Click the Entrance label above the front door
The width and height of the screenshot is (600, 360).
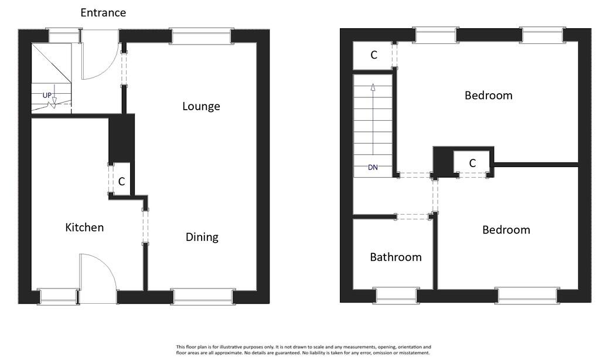tap(103, 12)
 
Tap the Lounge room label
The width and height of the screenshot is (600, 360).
tap(201, 106)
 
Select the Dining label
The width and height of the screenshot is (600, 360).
tap(202, 237)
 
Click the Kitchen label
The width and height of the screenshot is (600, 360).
tap(84, 227)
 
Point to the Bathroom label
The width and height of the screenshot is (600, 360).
tap(396, 257)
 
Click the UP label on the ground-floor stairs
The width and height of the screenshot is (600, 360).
tap(47, 95)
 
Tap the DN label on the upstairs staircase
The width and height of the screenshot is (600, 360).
tap(373, 167)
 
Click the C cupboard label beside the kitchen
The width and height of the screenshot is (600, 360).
tap(121, 182)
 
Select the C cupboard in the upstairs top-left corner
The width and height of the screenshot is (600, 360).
tap(373, 55)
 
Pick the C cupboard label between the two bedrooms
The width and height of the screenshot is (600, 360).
tap(472, 164)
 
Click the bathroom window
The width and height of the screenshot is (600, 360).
tap(397, 295)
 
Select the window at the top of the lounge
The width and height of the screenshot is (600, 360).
tap(201, 36)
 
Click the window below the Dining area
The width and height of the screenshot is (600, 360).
tap(203, 297)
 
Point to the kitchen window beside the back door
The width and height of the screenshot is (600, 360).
tap(58, 297)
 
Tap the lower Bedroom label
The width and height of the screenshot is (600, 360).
tap(506, 230)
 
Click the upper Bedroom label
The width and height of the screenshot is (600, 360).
tap(488, 95)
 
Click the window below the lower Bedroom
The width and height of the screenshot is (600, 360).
tap(527, 295)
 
